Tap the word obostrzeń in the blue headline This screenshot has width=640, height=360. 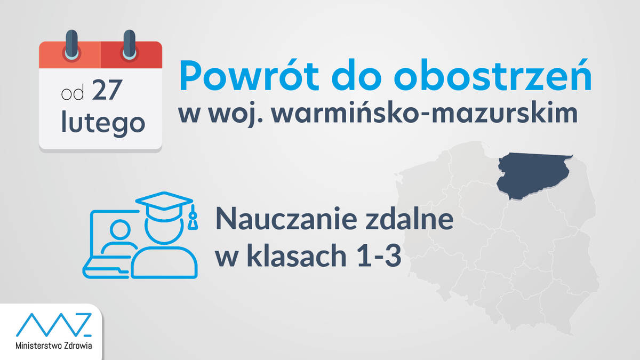(493, 75)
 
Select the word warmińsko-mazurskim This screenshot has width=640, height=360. (425, 113)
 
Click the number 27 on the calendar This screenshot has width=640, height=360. (107, 90)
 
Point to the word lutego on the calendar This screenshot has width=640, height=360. (103, 122)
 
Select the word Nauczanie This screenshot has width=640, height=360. (287, 219)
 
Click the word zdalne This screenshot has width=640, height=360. (410, 219)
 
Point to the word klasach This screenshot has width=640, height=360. (299, 255)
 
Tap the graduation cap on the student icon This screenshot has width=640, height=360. (164, 206)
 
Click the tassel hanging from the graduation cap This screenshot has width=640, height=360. (193, 217)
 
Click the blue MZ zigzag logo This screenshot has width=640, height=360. (54, 325)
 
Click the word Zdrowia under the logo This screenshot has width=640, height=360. (78, 346)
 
